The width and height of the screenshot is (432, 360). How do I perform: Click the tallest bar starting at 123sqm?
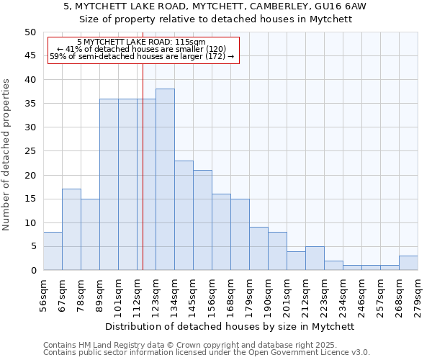click(165, 179)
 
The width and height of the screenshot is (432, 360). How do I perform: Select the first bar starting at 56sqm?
click(53, 251)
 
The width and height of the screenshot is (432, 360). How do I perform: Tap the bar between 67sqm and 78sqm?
click(71, 230)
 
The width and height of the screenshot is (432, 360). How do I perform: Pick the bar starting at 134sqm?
click(184, 215)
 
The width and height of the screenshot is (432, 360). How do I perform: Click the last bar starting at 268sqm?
click(408, 263)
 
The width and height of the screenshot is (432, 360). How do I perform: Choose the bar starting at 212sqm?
click(315, 258)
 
